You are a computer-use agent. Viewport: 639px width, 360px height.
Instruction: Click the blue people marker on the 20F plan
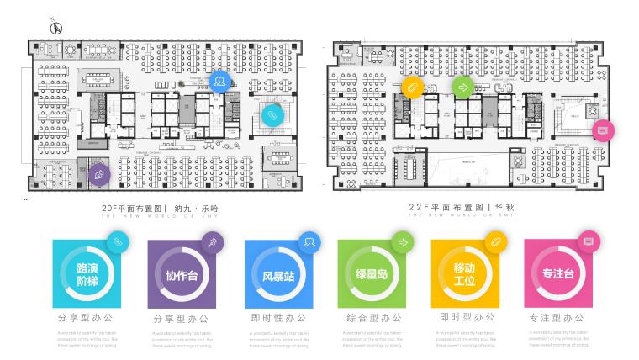(219, 82)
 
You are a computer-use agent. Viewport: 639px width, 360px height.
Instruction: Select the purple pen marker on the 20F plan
(99, 174)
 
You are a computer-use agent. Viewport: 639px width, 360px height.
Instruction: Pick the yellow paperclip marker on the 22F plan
(412, 87)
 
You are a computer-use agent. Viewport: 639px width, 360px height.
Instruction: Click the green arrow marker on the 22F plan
(462, 86)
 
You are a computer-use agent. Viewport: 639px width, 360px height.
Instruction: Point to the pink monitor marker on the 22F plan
(602, 130)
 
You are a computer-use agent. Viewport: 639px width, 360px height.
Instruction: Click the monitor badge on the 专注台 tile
(588, 241)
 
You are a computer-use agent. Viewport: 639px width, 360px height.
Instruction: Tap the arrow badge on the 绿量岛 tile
(402, 242)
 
